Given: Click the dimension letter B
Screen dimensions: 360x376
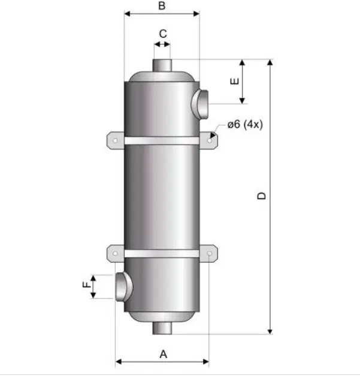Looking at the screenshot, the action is click(x=162, y=5).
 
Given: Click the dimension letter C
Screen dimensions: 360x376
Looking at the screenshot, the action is click(x=163, y=34).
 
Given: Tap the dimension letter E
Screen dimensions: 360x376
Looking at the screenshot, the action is click(x=234, y=82).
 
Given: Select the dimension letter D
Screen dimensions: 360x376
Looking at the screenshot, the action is click(x=261, y=195).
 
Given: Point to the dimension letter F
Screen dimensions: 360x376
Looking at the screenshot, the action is click(x=87, y=285).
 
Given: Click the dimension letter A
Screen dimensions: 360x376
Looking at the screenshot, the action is click(x=163, y=354).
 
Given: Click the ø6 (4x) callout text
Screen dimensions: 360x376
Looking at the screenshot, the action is click(x=245, y=124).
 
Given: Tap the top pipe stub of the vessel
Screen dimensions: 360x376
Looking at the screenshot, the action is click(x=162, y=65).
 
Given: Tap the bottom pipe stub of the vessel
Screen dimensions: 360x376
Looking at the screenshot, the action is click(x=162, y=328).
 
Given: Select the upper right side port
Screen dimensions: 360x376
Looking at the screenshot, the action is click(x=199, y=104).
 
